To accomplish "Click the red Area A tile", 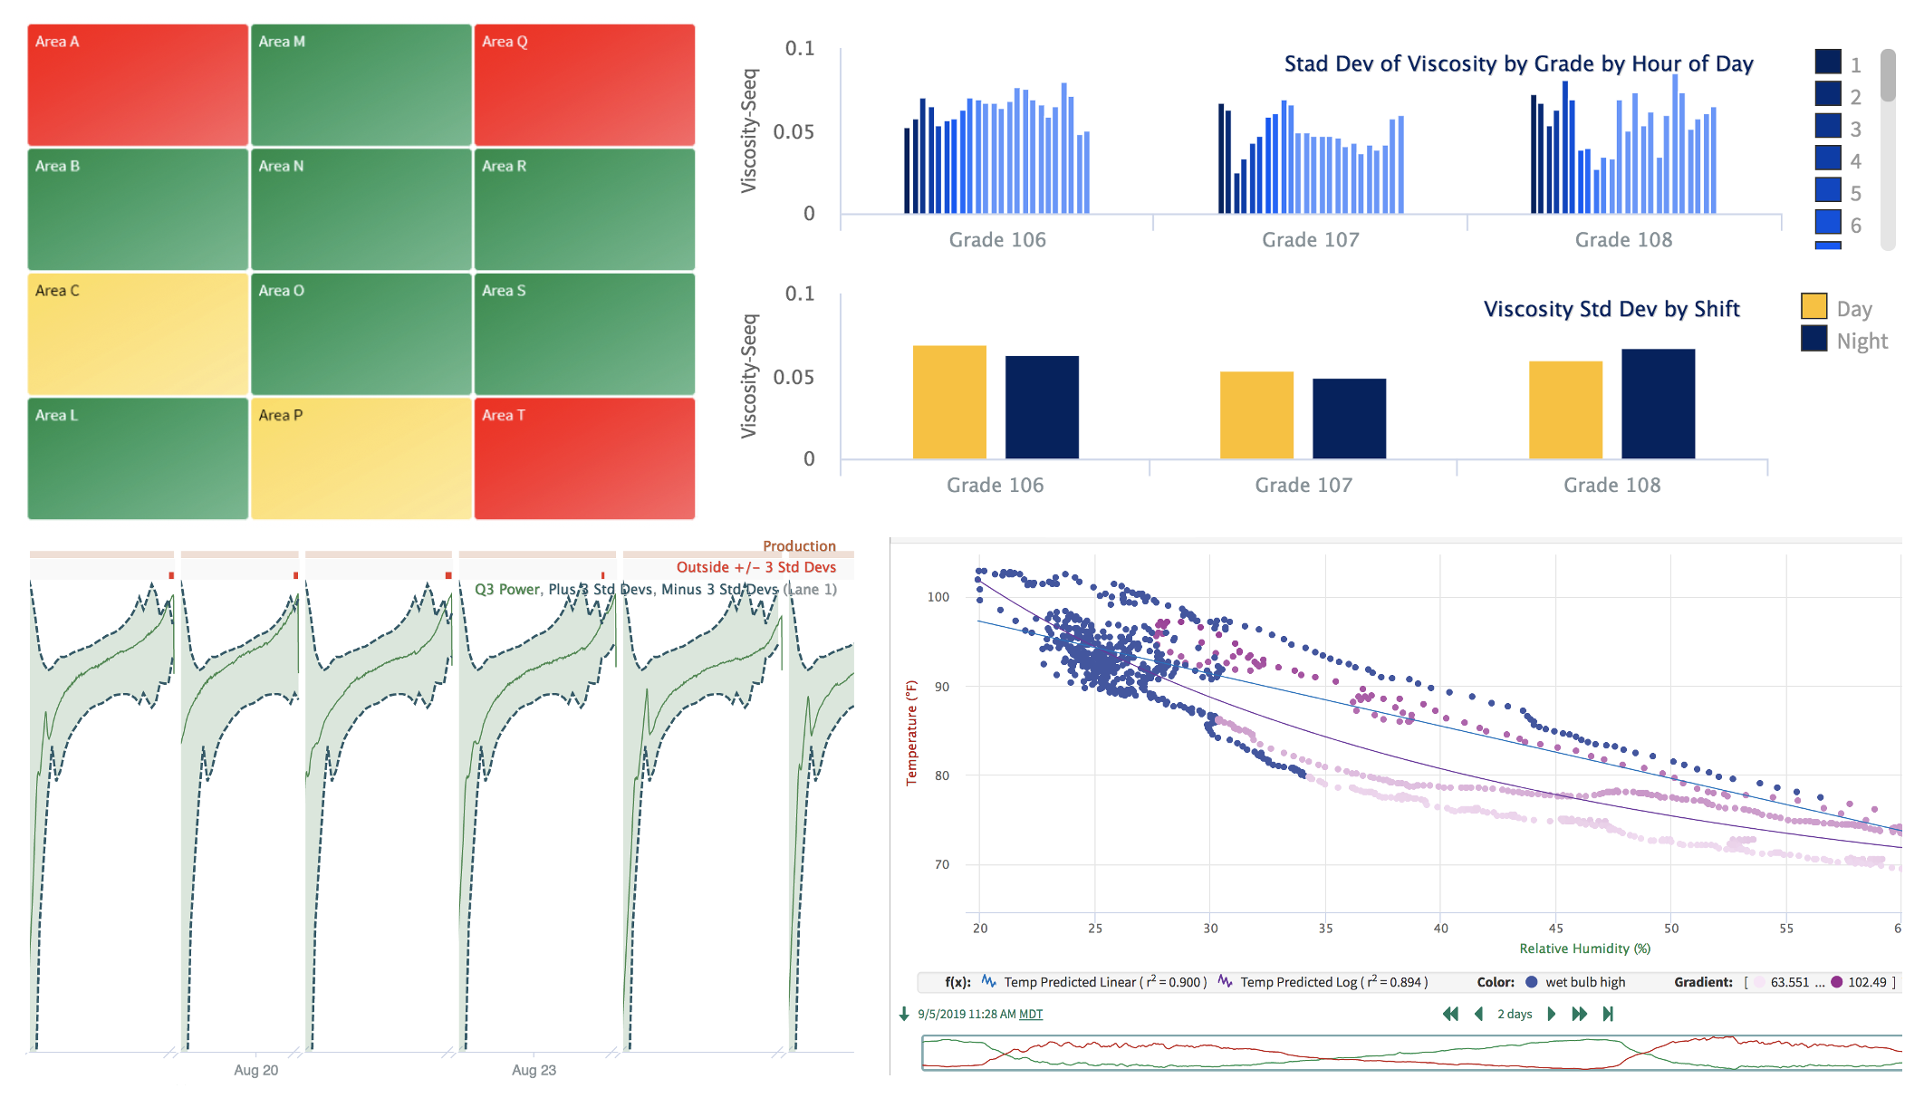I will (x=138, y=85).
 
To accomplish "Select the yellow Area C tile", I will (x=138, y=333).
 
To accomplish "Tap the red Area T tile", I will (x=584, y=458).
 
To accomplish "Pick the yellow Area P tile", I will (x=361, y=458).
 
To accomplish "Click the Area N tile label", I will (x=281, y=167).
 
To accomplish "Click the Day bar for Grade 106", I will (x=949, y=402).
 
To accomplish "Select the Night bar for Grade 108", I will (x=1658, y=404).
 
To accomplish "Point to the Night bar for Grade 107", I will (x=1349, y=419).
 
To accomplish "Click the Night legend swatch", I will (x=1813, y=339).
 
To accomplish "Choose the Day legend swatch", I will (x=1813, y=306).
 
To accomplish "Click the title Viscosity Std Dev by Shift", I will (x=1611, y=309).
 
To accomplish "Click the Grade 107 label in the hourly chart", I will (x=1311, y=240).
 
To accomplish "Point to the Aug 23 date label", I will (x=534, y=1070).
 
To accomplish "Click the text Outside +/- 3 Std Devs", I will (x=756, y=567).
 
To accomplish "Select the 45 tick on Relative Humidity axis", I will (x=1555, y=929).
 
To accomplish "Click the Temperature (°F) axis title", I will (x=912, y=733).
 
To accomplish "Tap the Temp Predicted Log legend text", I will (x=1333, y=982).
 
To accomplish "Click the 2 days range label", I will (x=1515, y=1014).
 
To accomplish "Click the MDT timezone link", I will (x=1031, y=1015).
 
